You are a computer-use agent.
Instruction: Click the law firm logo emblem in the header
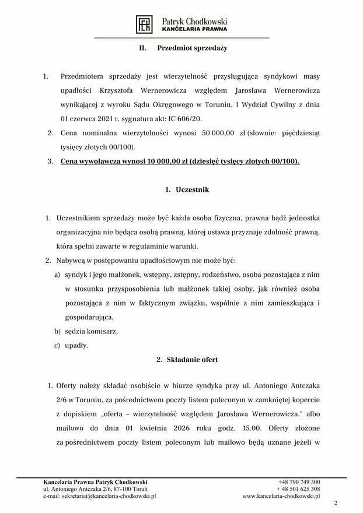pos(144,24)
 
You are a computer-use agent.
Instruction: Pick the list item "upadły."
pos(76,345)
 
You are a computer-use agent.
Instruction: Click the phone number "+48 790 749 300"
pos(299,482)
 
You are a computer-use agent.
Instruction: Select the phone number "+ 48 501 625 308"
pos(298,489)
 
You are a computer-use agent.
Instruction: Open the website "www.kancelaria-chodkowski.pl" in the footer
pos(281,496)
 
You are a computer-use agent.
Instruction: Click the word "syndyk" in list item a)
pos(75,274)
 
